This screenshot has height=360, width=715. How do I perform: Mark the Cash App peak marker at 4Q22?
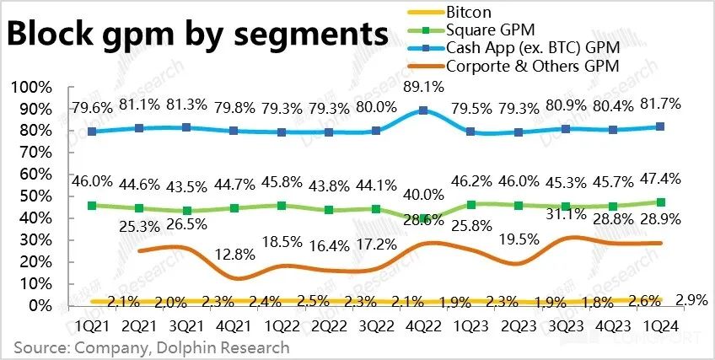pos(423,110)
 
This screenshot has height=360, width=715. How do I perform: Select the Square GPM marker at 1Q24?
pos(660,202)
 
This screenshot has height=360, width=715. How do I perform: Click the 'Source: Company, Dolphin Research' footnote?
pos(152,347)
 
